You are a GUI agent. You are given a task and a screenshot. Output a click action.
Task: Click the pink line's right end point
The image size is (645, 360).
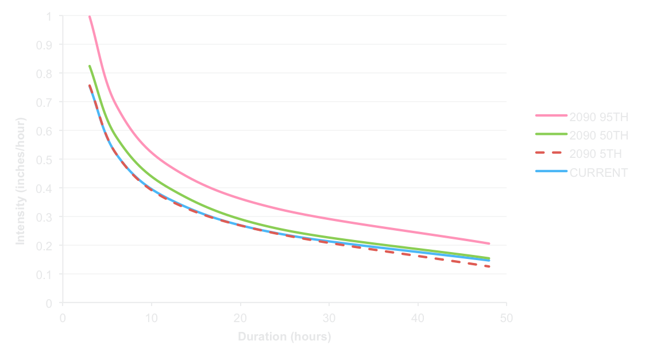pyautogui.click(x=489, y=243)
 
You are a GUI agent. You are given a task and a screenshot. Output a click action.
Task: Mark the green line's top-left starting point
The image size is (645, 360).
pyautogui.click(x=90, y=65)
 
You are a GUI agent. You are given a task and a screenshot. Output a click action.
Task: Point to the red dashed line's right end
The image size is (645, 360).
pyautogui.click(x=489, y=266)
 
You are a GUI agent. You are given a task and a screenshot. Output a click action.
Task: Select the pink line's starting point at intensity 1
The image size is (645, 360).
pyautogui.click(x=90, y=17)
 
